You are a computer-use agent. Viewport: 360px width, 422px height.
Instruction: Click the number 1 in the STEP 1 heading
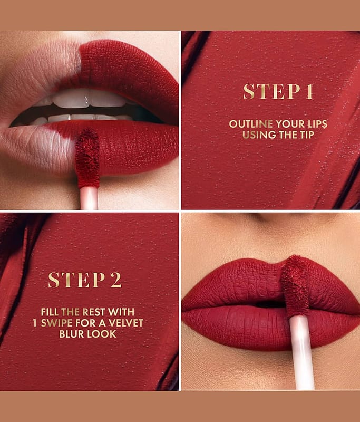tap(309, 91)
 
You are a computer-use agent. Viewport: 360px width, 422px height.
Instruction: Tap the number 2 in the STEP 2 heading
tap(115, 280)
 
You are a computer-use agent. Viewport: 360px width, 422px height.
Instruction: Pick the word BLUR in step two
tap(71, 334)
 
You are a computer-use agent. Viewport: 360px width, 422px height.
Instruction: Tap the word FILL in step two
tap(50, 312)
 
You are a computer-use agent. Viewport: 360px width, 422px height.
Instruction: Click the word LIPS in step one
tap(316, 124)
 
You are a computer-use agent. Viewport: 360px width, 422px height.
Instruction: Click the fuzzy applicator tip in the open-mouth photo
tap(87, 158)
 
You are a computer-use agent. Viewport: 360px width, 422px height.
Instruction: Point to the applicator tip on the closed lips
tap(295, 286)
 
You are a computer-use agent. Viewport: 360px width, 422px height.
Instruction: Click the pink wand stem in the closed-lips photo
tap(303, 353)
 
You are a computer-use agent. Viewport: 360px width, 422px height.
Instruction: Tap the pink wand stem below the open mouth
tap(89, 198)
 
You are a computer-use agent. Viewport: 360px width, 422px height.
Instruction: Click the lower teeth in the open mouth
tap(81, 118)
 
